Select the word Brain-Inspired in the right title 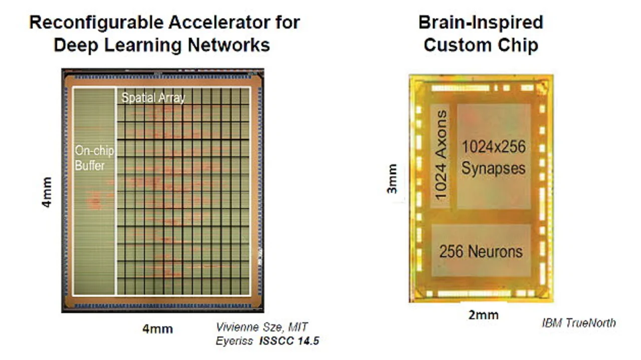point(481,23)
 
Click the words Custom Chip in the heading point(481,45)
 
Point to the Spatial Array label point(153,98)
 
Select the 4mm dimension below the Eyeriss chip point(157,329)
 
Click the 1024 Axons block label point(441,156)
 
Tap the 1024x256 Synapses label point(493,157)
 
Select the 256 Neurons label point(481,251)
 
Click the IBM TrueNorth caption point(578,323)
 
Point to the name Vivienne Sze point(246,327)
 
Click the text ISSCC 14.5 point(289,341)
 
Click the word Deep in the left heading point(73,45)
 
